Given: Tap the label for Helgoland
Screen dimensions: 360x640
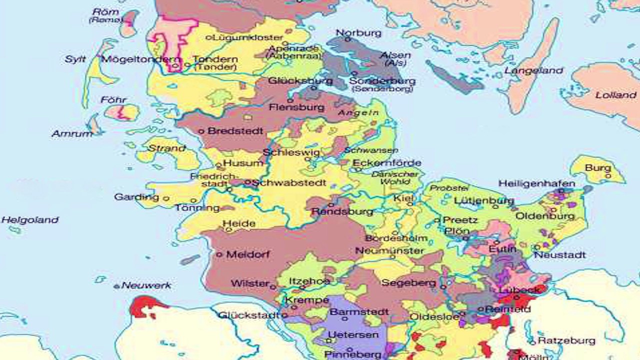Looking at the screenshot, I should click(x=30, y=220).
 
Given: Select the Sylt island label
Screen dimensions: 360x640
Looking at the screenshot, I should click(x=75, y=59).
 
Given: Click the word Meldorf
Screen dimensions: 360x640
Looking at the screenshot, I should click(x=248, y=254).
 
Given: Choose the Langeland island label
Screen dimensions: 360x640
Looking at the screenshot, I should click(x=533, y=71).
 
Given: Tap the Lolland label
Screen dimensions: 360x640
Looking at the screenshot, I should click(x=615, y=95).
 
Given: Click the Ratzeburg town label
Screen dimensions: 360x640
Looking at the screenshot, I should click(x=566, y=341).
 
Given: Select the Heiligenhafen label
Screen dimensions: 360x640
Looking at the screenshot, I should click(x=536, y=184).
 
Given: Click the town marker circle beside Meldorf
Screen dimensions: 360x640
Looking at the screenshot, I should click(x=219, y=254).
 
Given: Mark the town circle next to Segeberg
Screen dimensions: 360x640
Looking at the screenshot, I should click(x=443, y=286).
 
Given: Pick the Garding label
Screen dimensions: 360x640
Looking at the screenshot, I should click(x=136, y=197).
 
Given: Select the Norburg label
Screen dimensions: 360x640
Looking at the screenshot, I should click(x=358, y=33).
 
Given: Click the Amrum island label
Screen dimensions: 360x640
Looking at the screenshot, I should click(x=72, y=134).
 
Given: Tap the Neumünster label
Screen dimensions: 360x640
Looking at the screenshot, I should click(x=389, y=250).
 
